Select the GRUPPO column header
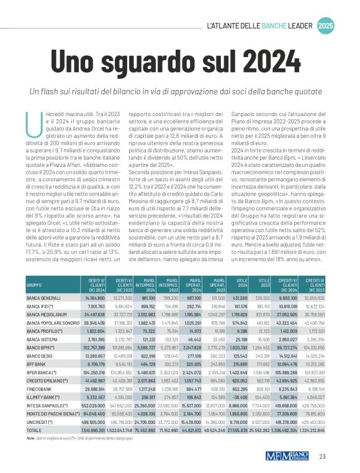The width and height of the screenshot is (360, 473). (x=34, y=286)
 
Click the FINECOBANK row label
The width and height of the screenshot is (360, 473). (x=38, y=389)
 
